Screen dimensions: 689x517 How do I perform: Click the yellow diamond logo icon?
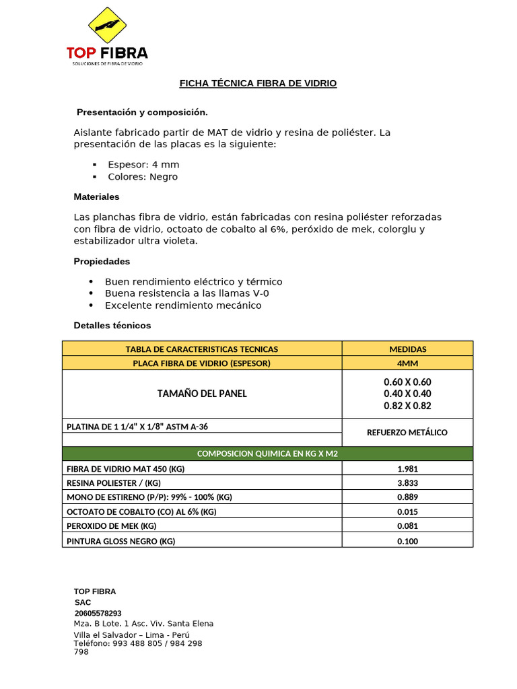click(108, 26)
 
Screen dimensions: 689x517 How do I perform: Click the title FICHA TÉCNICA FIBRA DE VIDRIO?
click(258, 83)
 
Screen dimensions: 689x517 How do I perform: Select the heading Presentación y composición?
click(142, 112)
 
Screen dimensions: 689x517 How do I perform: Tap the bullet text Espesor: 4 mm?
click(143, 165)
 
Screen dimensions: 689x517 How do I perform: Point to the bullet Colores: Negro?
click(143, 177)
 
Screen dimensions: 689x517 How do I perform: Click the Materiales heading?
click(96, 197)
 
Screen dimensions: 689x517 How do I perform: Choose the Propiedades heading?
click(102, 261)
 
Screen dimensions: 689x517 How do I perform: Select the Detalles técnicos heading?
click(112, 326)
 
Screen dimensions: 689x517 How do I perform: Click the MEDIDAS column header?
click(407, 349)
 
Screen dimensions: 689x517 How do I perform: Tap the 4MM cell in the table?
click(407, 363)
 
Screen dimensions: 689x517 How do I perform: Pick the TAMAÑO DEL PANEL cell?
click(202, 394)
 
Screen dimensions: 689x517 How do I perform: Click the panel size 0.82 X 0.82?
click(407, 406)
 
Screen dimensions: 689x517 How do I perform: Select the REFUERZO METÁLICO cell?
click(407, 433)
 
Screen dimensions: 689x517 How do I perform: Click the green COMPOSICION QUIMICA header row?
click(267, 454)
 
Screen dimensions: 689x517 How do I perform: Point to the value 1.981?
click(407, 469)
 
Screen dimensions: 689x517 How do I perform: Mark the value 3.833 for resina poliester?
click(407, 483)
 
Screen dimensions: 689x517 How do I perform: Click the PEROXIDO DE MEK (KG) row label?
click(111, 526)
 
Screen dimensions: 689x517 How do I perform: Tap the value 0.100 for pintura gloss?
click(407, 541)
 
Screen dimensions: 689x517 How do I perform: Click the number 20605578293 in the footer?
click(98, 614)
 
